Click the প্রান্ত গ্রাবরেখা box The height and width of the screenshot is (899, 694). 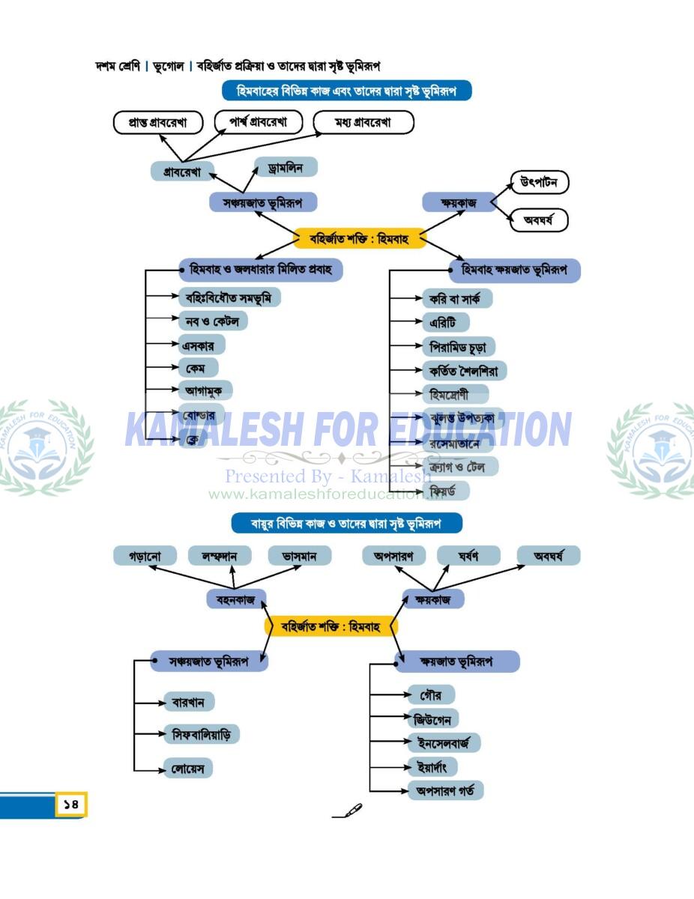point(158,123)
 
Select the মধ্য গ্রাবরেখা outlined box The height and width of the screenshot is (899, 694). point(363,123)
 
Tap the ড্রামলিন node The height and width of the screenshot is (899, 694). point(286,168)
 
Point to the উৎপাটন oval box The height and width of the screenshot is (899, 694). point(539,182)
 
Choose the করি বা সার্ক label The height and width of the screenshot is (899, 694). point(455,298)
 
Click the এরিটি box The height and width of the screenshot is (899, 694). point(444,322)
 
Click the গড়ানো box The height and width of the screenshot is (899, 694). point(145,556)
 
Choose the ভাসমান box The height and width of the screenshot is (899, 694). point(300,556)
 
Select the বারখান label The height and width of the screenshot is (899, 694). point(189,702)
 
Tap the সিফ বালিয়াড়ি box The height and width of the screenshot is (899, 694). point(202,734)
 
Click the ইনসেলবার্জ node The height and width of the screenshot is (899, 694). point(444,743)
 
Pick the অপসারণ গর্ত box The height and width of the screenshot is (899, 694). point(445,790)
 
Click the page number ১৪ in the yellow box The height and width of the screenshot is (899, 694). point(71,805)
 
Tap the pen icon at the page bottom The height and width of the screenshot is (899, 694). point(348,811)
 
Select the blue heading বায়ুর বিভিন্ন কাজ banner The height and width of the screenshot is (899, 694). point(346,523)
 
